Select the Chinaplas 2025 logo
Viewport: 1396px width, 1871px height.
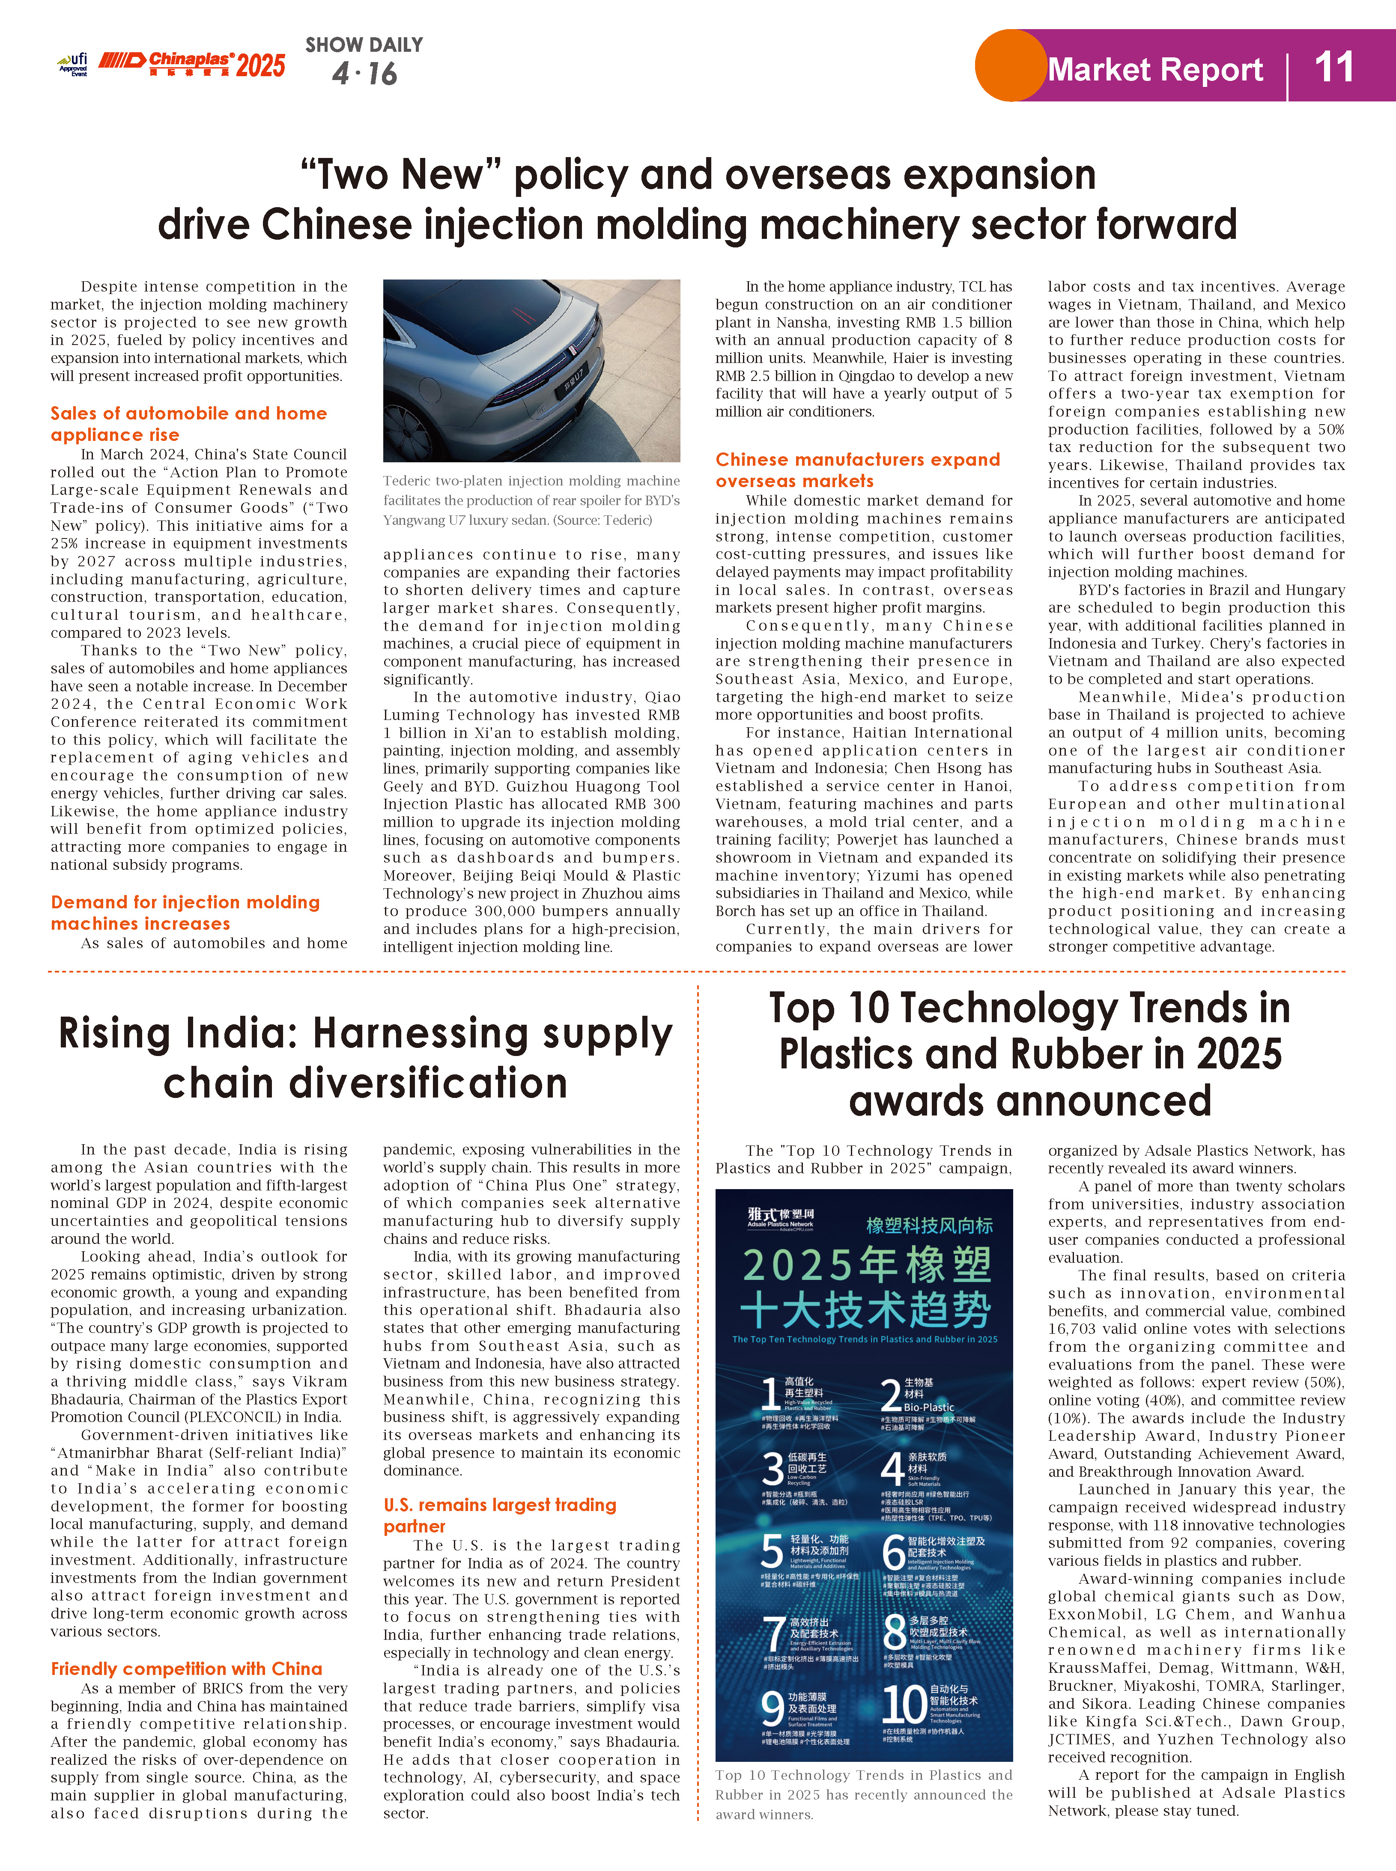(x=193, y=64)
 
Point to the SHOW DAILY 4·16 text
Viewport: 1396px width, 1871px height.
(x=364, y=61)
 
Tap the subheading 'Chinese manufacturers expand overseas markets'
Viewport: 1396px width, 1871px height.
(x=857, y=470)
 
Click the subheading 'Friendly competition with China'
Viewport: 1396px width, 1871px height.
(x=186, y=1668)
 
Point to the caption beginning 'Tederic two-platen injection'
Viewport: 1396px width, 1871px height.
(x=531, y=500)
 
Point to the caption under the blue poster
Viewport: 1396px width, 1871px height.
(x=863, y=1794)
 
